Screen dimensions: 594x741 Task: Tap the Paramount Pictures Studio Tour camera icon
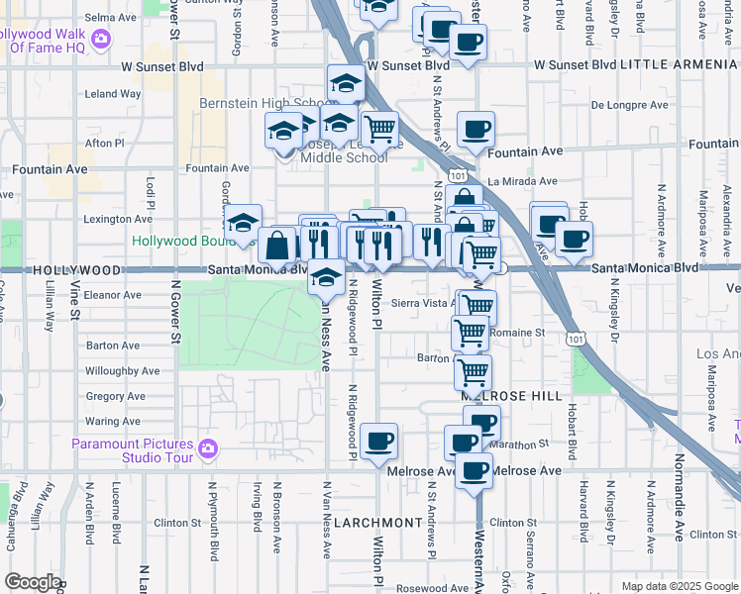coord(206,448)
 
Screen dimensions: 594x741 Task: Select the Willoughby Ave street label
coord(123,371)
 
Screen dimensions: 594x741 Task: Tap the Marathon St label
coord(525,445)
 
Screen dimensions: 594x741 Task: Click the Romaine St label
coord(518,333)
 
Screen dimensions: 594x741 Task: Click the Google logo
coord(33,582)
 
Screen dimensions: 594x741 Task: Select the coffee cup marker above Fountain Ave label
coord(476,129)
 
